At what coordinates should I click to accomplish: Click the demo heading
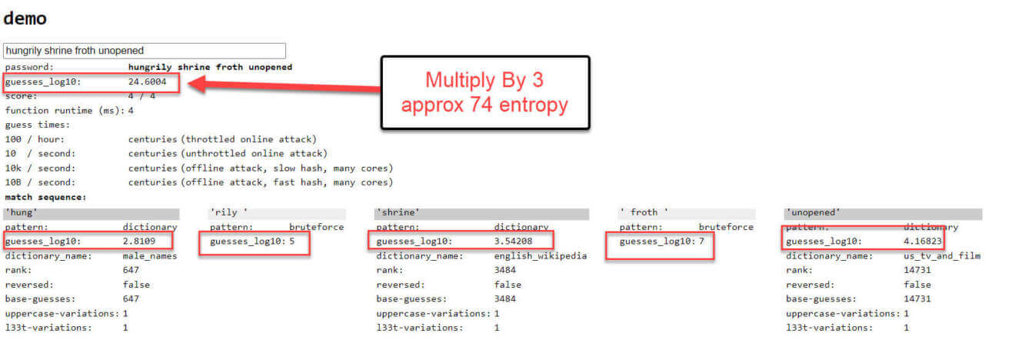click(x=25, y=18)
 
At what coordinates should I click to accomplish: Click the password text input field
click(x=144, y=50)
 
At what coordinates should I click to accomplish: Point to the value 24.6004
click(x=148, y=82)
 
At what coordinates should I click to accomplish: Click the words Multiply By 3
click(x=484, y=80)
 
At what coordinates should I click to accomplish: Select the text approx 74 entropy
click(x=484, y=105)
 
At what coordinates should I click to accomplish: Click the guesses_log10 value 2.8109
click(x=138, y=242)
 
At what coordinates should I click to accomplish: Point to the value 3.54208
click(x=513, y=242)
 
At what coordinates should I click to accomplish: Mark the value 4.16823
click(x=923, y=242)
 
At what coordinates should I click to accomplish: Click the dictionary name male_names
click(x=149, y=256)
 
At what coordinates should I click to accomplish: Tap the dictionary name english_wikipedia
click(x=540, y=256)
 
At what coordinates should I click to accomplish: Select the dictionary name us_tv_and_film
click(x=942, y=256)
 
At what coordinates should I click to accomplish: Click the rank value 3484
click(x=504, y=270)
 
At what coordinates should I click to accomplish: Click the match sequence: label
click(x=45, y=197)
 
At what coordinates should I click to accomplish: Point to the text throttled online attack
click(x=249, y=139)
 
